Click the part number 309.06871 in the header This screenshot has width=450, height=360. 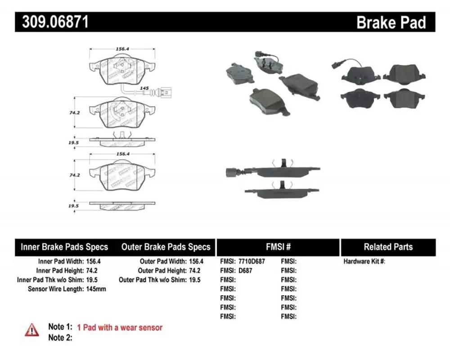55,22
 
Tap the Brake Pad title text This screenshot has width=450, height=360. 391,22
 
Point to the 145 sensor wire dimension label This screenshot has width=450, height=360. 144,88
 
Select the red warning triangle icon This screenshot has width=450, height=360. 31,330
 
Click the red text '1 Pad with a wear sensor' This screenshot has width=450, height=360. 120,328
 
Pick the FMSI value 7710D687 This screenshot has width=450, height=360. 252,261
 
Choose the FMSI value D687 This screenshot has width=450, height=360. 245,270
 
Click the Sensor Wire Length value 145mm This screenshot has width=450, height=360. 96,289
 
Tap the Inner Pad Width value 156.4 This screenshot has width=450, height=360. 93,261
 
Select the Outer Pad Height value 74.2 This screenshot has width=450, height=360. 194,270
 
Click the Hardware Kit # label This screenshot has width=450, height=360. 364,261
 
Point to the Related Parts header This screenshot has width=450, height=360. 388,247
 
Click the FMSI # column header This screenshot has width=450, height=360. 278,247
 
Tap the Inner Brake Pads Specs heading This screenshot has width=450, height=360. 64,247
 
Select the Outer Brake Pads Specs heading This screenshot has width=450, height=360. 166,247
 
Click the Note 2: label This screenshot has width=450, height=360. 60,337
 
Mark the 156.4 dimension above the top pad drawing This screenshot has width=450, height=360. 122,49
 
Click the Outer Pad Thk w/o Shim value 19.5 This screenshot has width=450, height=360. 194,279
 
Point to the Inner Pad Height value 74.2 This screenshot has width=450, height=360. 92,270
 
